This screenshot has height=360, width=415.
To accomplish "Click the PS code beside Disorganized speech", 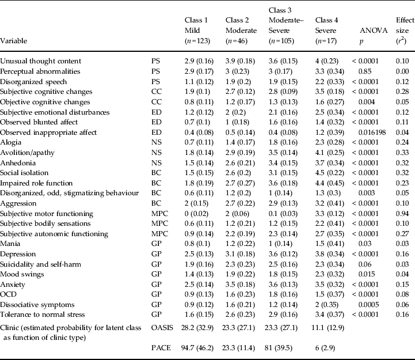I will pos(156,81).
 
